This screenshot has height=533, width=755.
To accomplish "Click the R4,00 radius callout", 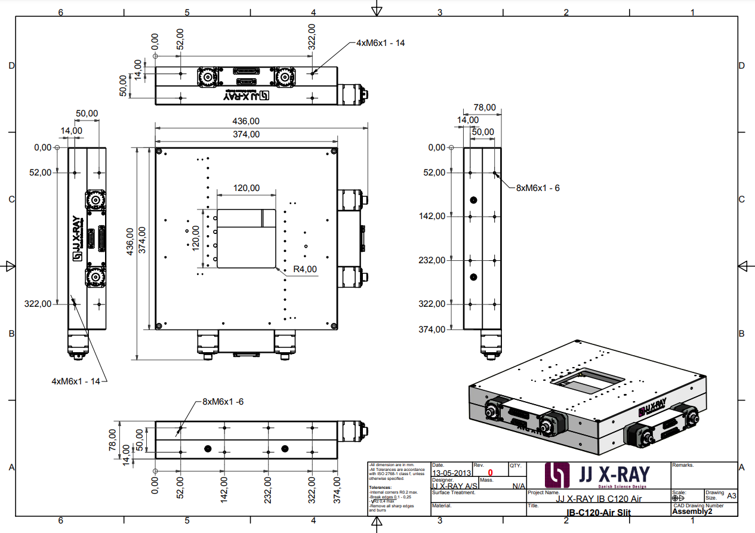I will [x=305, y=269].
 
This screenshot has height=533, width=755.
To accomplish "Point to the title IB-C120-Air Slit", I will [x=598, y=513].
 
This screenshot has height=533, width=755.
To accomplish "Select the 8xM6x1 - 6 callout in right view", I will [x=538, y=187].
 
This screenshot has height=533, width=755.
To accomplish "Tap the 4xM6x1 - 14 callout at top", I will [x=381, y=43].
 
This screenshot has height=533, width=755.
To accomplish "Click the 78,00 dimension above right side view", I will [x=484, y=107].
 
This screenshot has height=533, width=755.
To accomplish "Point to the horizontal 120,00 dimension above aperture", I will [x=246, y=188].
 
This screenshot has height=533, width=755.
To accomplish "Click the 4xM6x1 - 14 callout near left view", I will [x=75, y=381].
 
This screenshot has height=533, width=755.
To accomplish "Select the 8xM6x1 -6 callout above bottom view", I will [x=223, y=402].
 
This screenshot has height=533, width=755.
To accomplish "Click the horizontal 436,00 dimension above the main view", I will [x=246, y=121].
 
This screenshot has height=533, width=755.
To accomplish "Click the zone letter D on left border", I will [x=11, y=66].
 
